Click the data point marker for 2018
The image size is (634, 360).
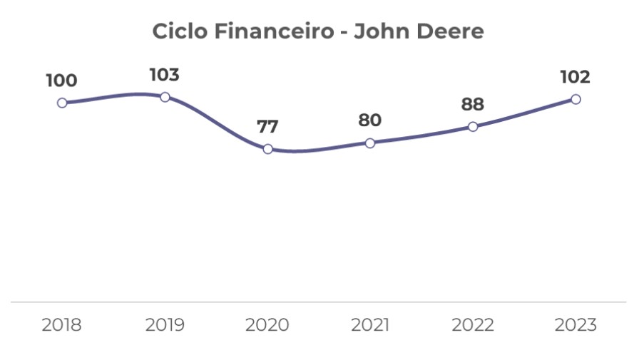click(x=62, y=103)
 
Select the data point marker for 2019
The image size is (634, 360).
click(x=165, y=97)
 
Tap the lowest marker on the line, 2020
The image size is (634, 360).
click(x=267, y=149)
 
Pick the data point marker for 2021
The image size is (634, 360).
click(x=370, y=143)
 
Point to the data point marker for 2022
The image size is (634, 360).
click(x=473, y=127)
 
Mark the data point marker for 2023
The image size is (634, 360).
click(x=576, y=99)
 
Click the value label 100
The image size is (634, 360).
click(x=61, y=81)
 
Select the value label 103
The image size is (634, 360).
click(x=164, y=75)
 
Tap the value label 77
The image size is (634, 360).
click(x=267, y=127)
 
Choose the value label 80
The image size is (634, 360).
click(x=370, y=120)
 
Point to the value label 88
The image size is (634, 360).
click(x=472, y=105)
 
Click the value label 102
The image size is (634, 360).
click(x=575, y=77)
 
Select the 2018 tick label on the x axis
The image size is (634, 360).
click(x=62, y=325)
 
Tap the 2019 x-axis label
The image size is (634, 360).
click(x=165, y=325)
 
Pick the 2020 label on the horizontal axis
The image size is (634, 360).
click(x=267, y=325)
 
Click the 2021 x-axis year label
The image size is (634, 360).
click(x=370, y=325)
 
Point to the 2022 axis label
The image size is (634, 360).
click(x=473, y=325)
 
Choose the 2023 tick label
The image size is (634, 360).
click(x=576, y=325)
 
